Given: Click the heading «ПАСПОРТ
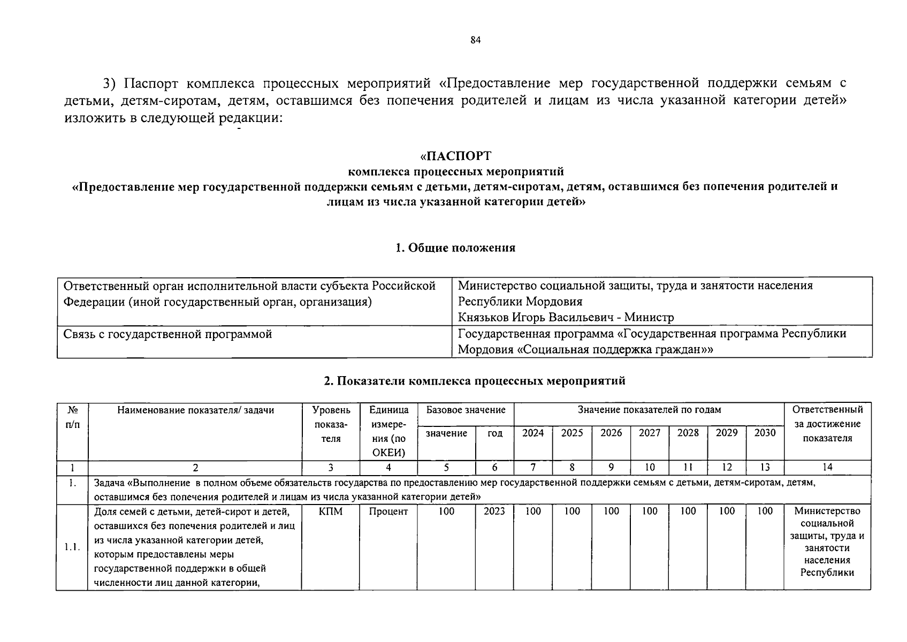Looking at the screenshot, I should point(455,156).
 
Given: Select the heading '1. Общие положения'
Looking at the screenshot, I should point(455,248).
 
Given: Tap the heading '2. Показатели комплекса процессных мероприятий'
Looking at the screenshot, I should point(474,381).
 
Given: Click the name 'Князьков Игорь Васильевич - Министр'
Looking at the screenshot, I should point(566,317).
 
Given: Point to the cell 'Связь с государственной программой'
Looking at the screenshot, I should point(167,334).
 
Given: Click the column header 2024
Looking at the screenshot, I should point(533,433).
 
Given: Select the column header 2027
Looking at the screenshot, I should point(649,433).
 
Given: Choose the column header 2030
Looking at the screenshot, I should point(765,433).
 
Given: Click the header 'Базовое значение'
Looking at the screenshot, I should point(466,410).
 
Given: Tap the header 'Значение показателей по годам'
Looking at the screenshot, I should point(649,410).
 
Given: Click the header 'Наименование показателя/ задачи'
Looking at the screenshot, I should point(196,410).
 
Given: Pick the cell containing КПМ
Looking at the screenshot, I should point(331,511).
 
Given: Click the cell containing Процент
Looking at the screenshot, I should point(388,511).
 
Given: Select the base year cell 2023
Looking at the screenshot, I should point(494,511).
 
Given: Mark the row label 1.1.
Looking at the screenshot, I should point(72,547).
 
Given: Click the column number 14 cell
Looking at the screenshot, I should point(827,467).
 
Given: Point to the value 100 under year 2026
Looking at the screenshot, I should point(611,511).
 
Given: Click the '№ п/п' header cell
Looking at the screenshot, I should point(73,417).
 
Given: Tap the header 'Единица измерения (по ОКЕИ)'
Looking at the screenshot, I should point(388,431).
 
